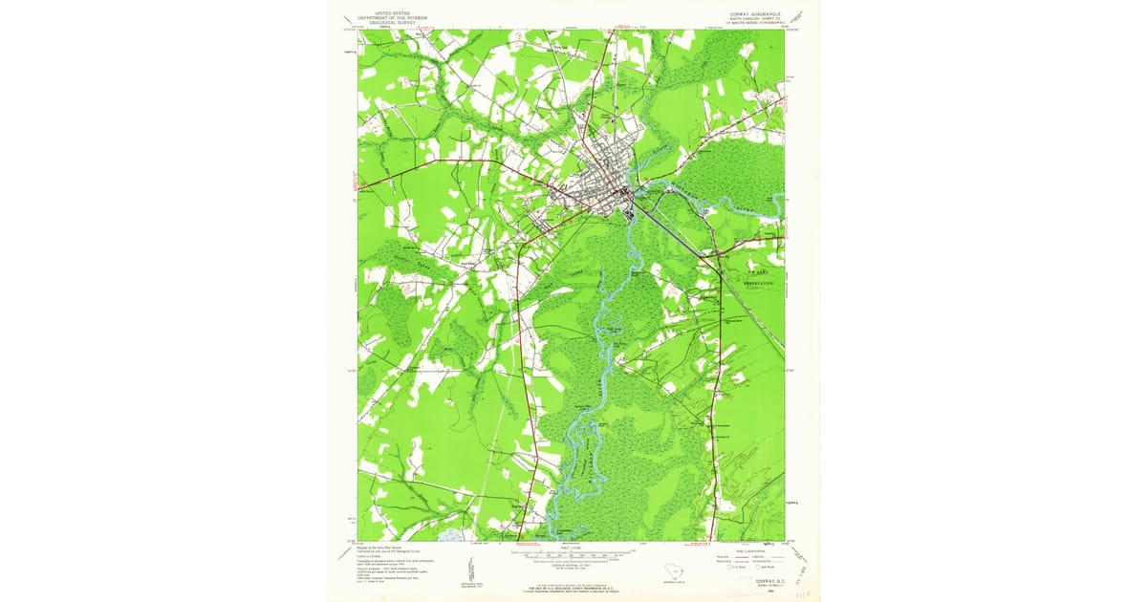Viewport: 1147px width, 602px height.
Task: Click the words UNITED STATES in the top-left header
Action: (391, 12)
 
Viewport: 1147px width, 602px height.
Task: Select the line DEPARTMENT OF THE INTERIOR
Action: (391, 17)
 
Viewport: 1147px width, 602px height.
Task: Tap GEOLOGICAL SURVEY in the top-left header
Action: (391, 22)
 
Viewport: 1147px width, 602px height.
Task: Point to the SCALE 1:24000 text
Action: (573, 548)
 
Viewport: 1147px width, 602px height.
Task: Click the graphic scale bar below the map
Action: (573, 554)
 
